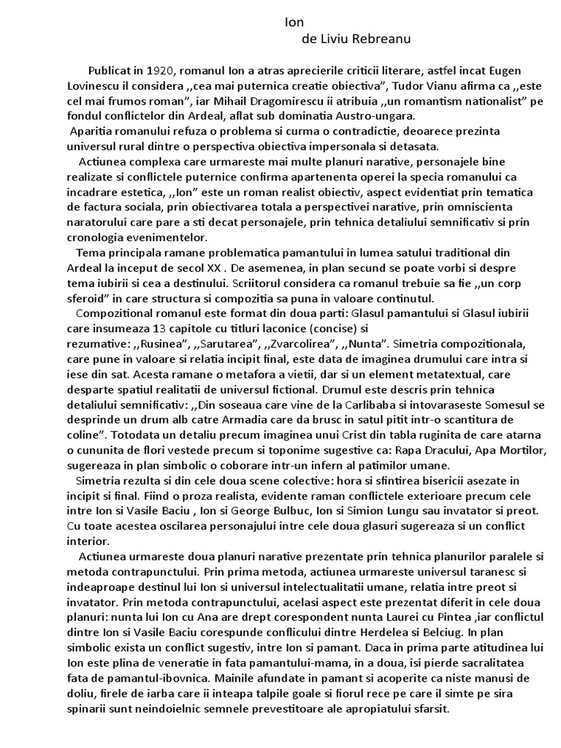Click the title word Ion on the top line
pyautogui.click(x=293, y=23)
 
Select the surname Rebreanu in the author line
pyautogui.click(x=382, y=38)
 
